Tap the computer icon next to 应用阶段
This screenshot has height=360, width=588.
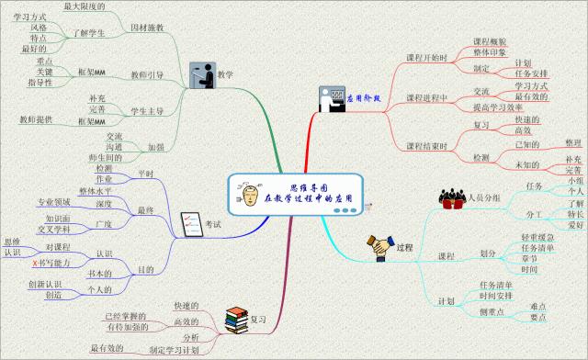point(330,98)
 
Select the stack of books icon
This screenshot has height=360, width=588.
point(237,320)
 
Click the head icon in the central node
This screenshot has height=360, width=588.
point(247,196)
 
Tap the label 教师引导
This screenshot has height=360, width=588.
point(147,74)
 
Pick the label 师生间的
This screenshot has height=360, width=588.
point(103,159)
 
